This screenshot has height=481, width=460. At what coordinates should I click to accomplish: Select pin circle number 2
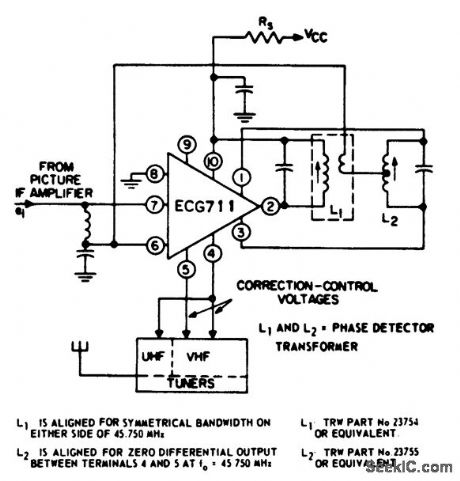(x=270, y=207)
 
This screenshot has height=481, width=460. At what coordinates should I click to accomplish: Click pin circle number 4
(x=213, y=255)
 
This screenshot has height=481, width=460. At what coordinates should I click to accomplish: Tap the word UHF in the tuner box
(x=155, y=356)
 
